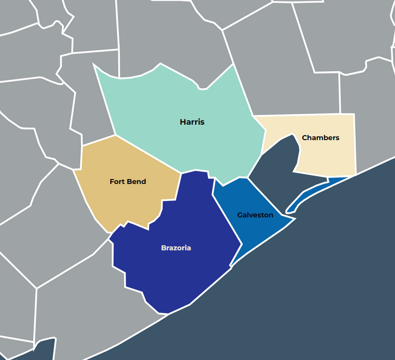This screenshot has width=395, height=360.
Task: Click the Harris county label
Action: pyautogui.click(x=192, y=122)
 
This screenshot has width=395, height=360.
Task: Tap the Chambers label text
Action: pyautogui.click(x=320, y=138)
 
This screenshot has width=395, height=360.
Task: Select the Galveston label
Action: pyautogui.click(x=255, y=215)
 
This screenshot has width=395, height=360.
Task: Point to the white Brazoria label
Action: pyautogui.click(x=176, y=248)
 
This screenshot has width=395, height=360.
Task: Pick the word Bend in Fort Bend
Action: pyautogui.click(x=137, y=181)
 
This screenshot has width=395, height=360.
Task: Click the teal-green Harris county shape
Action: pyautogui.click(x=165, y=100)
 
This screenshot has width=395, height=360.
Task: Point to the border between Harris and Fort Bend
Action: pyautogui.click(x=148, y=154)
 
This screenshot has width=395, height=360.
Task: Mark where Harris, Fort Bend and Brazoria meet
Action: pyautogui.click(x=181, y=174)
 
